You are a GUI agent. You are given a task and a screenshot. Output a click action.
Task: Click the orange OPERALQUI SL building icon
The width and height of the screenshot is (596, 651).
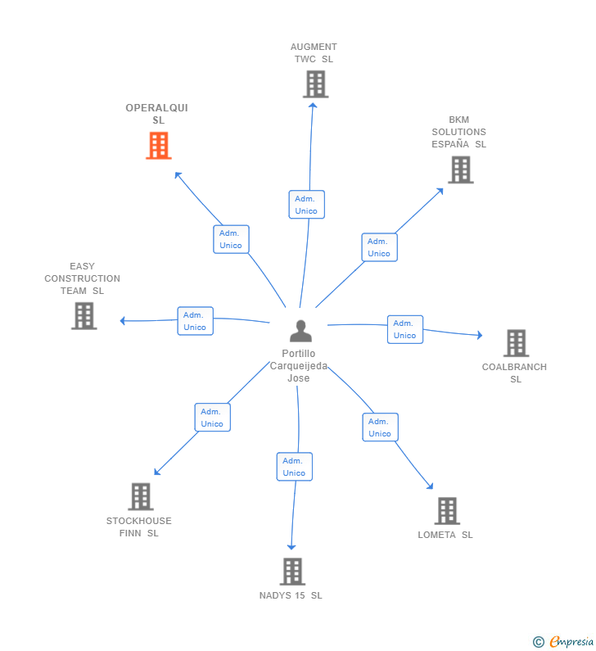(158, 146)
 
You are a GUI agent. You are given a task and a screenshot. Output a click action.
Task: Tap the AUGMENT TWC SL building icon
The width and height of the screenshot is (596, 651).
(315, 84)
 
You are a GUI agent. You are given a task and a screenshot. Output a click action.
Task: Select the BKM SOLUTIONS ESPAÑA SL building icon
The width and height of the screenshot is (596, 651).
(460, 170)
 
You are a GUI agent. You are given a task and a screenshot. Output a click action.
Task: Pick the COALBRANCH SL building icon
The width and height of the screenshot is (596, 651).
(515, 343)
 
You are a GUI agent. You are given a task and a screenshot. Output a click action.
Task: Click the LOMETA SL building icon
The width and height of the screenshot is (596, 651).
(446, 511)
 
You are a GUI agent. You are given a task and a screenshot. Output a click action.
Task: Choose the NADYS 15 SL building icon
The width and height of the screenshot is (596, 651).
(292, 572)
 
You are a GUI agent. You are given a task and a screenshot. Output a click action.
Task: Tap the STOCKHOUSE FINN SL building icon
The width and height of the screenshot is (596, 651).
(141, 496)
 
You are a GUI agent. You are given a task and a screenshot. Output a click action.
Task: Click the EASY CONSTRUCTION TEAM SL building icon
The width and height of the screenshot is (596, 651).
(84, 316)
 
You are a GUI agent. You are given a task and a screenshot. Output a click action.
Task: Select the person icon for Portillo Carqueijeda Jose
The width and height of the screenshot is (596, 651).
(300, 332)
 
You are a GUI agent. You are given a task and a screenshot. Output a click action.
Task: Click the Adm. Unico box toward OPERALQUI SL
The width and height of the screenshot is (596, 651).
(231, 239)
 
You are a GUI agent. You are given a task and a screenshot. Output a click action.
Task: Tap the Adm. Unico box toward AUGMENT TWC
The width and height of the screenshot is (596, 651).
(306, 205)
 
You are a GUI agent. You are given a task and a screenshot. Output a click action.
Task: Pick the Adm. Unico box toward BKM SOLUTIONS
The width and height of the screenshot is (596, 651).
(379, 247)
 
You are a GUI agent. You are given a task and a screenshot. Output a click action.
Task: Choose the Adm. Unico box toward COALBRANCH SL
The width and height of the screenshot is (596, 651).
(404, 329)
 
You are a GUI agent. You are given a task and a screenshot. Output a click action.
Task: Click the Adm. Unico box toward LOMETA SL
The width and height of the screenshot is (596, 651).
(380, 427)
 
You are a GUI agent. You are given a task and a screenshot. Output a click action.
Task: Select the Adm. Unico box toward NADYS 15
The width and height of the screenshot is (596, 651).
(294, 467)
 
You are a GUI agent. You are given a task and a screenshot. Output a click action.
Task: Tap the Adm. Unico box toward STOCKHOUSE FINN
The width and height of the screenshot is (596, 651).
(212, 418)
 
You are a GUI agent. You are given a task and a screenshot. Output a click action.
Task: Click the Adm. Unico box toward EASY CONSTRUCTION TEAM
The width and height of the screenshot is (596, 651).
(195, 321)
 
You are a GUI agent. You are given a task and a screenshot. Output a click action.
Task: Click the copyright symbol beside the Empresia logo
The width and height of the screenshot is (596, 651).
(538, 642)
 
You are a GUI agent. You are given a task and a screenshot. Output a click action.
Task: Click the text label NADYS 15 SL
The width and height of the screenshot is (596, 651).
(291, 595)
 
